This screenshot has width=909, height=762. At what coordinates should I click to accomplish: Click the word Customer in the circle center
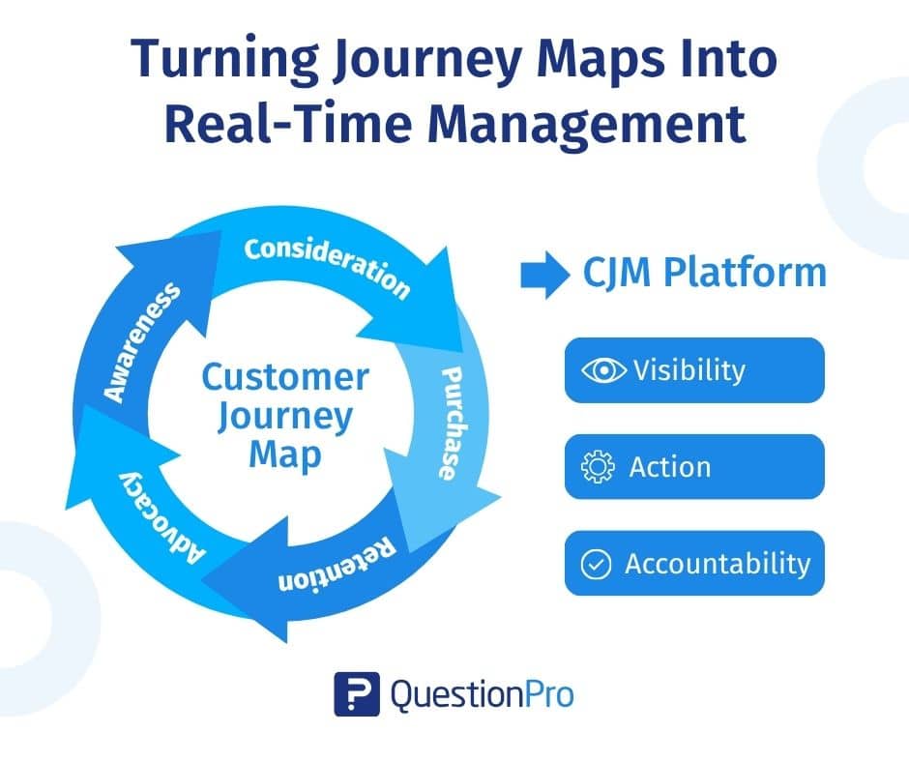(285, 377)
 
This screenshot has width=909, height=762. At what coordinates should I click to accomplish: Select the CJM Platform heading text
(704, 274)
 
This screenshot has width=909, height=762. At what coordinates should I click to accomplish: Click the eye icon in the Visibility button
(603, 370)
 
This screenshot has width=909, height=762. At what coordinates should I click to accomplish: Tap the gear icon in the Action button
(598, 467)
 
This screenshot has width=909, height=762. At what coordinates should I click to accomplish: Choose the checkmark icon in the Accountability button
(594, 564)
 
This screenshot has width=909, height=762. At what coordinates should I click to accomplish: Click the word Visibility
(689, 370)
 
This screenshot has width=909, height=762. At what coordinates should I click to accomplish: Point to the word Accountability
(717, 564)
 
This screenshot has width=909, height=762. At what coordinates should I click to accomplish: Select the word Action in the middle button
(669, 467)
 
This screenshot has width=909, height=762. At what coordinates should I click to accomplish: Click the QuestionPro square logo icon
(356, 694)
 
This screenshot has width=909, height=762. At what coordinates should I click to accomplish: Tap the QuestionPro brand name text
(482, 694)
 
